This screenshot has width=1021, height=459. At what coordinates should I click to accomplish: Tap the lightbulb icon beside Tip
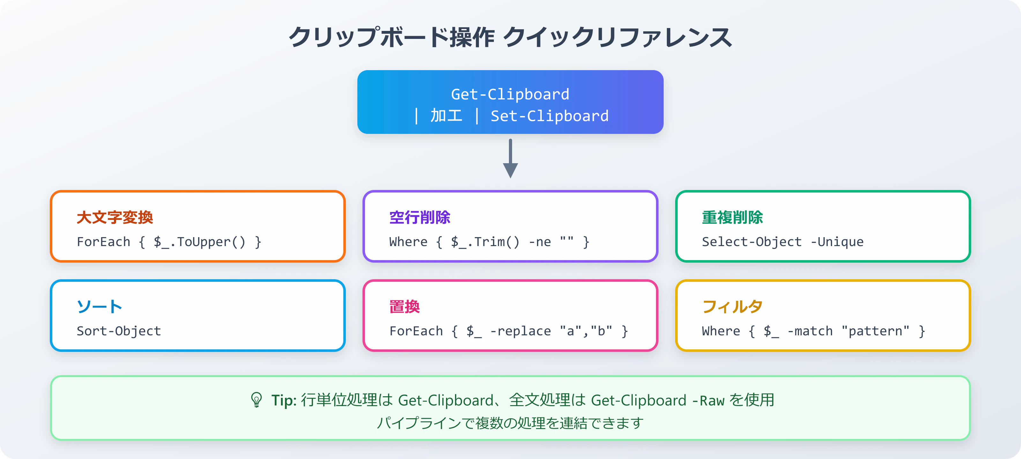pos(257,400)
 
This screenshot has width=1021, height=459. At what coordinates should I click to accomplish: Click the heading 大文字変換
pos(115,217)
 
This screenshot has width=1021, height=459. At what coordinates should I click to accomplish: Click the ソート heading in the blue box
pos(99,307)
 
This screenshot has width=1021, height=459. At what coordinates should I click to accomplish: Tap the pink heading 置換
pos(404,307)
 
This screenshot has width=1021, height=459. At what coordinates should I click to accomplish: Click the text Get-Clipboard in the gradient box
pos(510,94)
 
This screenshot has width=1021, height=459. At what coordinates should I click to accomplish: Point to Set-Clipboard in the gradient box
pos(549,116)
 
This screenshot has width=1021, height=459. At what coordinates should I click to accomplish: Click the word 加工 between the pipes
pos(446,116)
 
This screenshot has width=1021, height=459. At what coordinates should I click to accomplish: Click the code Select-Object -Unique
pos(782,242)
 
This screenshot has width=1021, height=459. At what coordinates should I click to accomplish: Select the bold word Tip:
pos(284,400)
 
